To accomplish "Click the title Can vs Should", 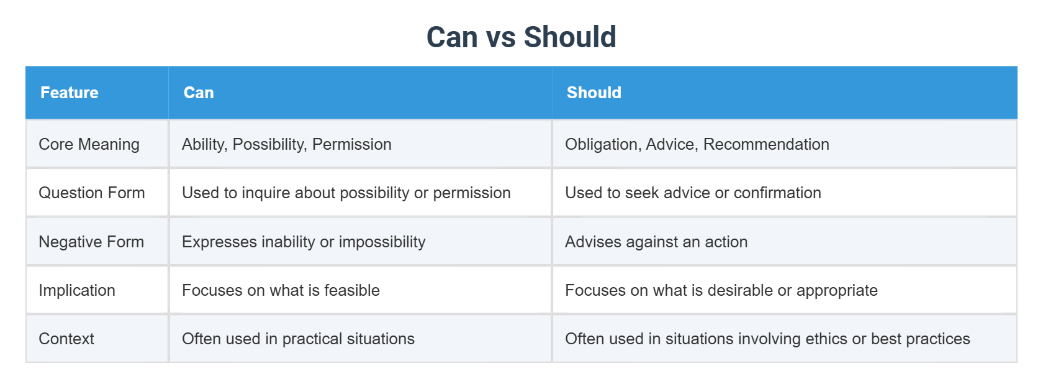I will coord(521,37).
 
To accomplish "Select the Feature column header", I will coord(70,93).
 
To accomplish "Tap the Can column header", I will coord(199,93).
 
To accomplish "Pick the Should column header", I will coord(594,93).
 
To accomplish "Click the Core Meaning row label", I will coord(89,144).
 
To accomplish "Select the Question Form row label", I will coord(91,193).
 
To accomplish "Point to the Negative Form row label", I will coord(91,242).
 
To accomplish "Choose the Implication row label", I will coord(77,290).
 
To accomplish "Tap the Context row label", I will coord(66,339).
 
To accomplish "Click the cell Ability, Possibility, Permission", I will coord(286,144).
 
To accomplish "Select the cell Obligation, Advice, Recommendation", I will coord(697,144).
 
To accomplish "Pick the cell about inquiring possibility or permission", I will coord(346,193).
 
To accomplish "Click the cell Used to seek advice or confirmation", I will coord(693,193).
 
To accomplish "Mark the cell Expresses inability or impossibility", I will coord(304,242).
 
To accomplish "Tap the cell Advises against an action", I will coord(656,242).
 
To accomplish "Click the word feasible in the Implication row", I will coord(351,290).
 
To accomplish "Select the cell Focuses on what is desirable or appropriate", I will coord(721,290).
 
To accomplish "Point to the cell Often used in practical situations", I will coord(298,339).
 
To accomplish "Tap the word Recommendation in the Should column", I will coord(765,144).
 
